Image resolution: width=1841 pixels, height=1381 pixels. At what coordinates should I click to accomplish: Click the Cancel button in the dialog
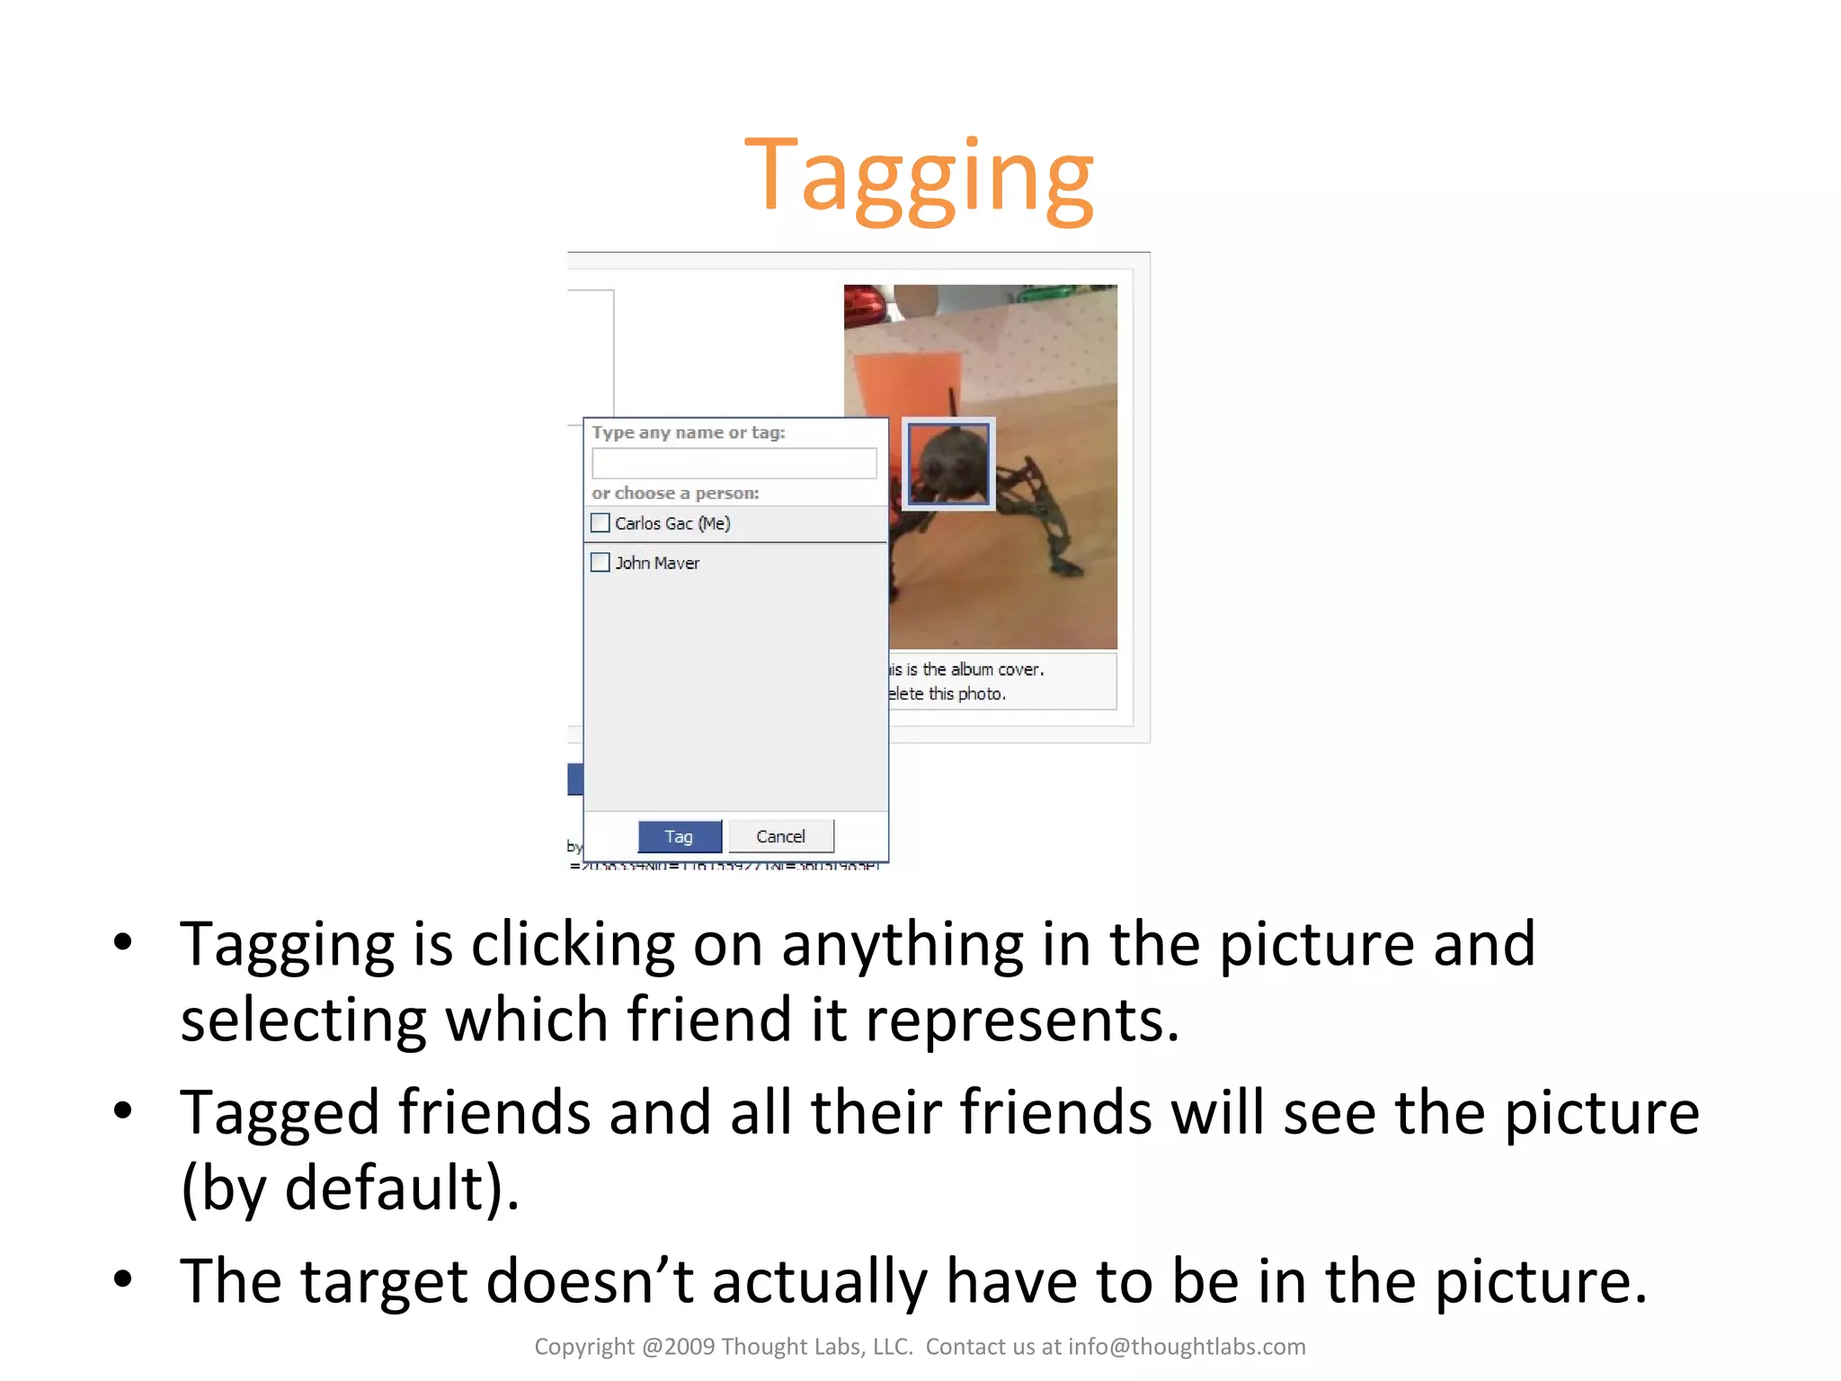(780, 836)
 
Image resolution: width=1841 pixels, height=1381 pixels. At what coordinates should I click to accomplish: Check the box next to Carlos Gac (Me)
(600, 522)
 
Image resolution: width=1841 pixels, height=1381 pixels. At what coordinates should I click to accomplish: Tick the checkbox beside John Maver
(600, 562)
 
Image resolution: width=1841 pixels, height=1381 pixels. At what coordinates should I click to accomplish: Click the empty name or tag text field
(734, 463)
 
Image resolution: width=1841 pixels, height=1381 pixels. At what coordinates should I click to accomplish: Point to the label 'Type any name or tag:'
(689, 432)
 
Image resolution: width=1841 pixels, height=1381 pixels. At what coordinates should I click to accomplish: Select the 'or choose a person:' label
(675, 493)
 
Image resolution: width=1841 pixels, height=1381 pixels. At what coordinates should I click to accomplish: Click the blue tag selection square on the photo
(948, 464)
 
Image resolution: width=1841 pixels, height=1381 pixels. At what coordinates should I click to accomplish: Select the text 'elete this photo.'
(947, 693)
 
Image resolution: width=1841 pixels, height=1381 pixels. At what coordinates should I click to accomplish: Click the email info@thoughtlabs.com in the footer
(1187, 1346)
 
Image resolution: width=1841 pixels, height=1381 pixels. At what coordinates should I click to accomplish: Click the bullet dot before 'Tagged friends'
(123, 1111)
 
